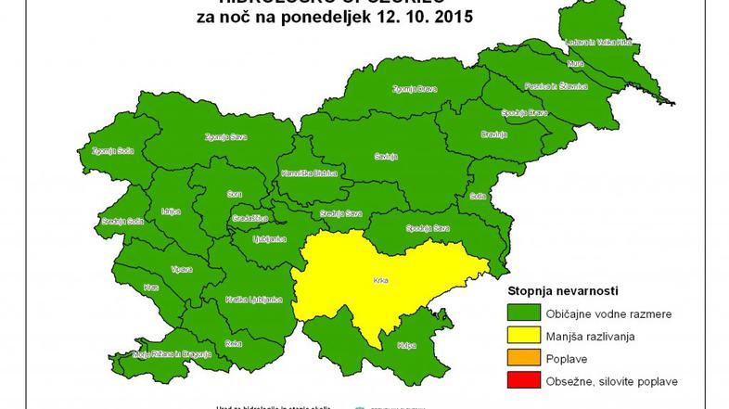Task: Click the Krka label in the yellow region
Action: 381,278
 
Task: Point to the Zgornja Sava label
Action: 222,136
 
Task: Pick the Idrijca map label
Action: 170,211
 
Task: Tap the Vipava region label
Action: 181,269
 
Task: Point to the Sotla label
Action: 479,196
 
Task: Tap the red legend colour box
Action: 522,381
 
